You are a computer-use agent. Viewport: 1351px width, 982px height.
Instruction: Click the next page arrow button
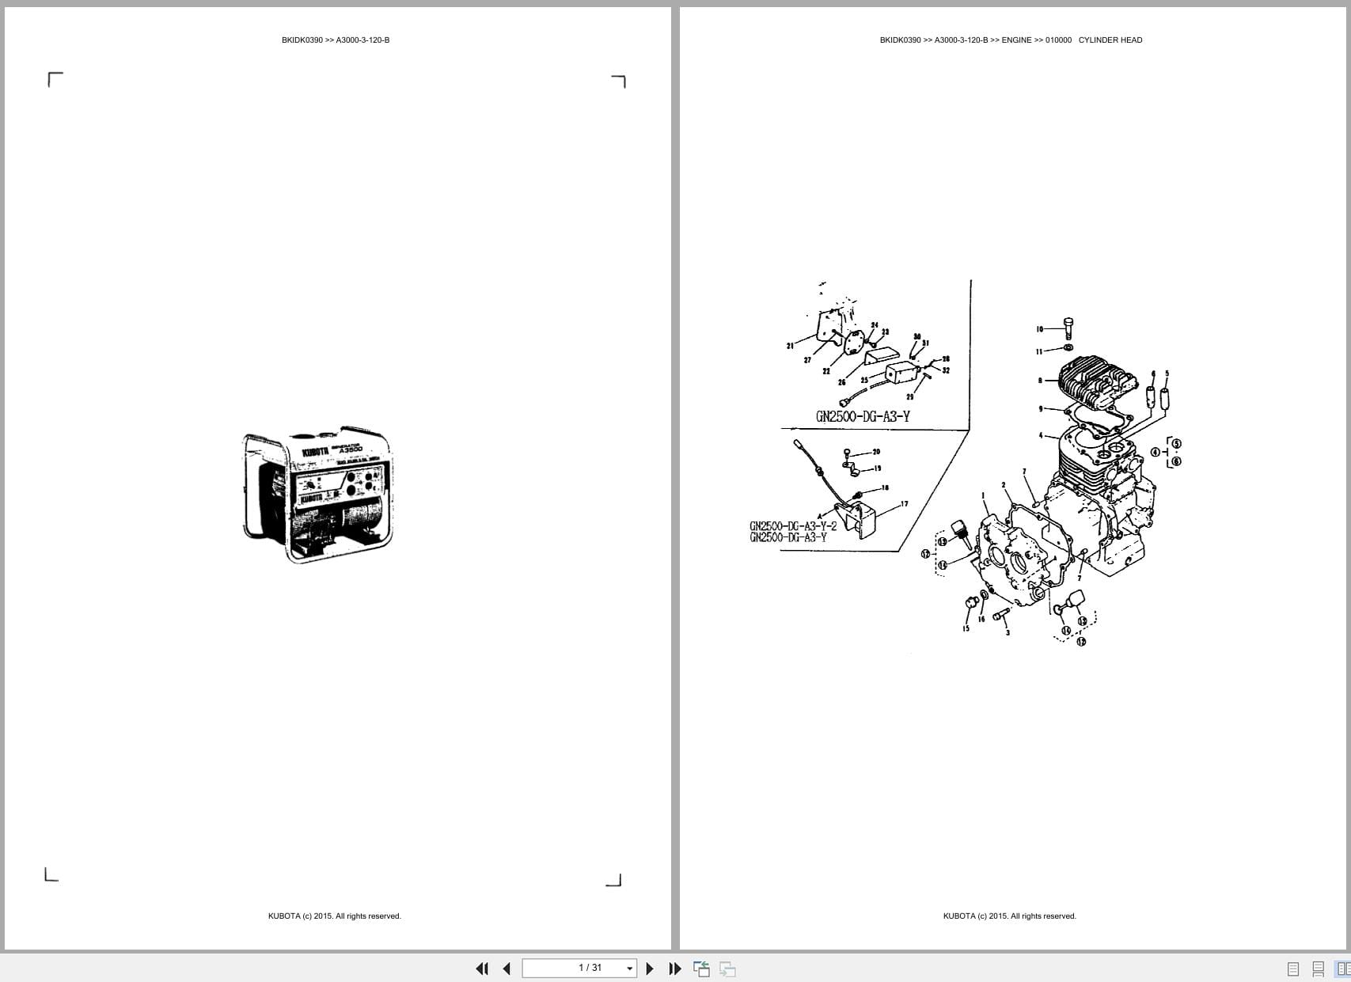coord(650,969)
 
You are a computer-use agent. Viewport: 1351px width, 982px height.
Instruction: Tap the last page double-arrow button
coord(675,969)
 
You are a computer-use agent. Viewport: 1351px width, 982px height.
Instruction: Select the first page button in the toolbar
coord(481,969)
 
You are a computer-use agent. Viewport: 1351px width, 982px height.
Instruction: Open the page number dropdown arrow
coord(630,969)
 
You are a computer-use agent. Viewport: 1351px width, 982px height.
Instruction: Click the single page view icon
coord(1293,969)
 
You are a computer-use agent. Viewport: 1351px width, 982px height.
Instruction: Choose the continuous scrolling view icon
coord(1319,969)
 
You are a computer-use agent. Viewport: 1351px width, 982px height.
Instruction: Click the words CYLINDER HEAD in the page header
coord(1110,40)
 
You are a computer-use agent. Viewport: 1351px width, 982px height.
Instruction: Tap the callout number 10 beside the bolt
coord(1040,329)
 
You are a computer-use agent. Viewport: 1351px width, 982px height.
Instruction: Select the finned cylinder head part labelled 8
coord(1096,384)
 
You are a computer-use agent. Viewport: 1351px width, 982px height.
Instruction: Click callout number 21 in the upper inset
coord(790,346)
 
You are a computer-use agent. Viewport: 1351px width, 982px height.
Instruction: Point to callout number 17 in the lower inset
coord(904,504)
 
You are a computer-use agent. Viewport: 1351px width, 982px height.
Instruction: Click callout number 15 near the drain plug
coord(966,629)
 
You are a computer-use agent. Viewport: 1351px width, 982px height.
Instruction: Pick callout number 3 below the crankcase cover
coord(1008,632)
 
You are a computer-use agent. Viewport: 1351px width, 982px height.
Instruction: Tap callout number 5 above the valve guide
coord(1167,373)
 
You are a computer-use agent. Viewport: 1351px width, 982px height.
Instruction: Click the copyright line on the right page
coord(1009,916)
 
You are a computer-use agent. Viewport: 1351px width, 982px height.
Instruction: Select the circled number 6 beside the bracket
coord(1176,461)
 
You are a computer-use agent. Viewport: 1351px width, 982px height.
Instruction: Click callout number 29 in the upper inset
coord(909,396)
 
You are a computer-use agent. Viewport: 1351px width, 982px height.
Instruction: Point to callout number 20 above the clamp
coord(876,452)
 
